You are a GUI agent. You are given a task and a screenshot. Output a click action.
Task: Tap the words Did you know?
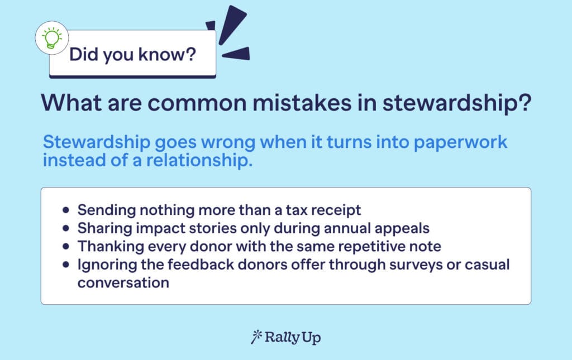click(132, 55)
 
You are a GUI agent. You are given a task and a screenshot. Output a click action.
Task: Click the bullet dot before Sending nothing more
click(66, 210)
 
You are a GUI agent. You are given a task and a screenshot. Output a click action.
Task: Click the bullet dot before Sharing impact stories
click(66, 228)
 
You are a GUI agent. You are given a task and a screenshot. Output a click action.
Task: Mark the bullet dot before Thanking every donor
click(66, 246)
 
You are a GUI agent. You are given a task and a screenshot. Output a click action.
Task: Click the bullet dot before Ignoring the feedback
click(66, 264)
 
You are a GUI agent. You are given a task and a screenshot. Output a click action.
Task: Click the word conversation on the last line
click(123, 282)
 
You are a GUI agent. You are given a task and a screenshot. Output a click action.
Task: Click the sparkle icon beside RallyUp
click(257, 337)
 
